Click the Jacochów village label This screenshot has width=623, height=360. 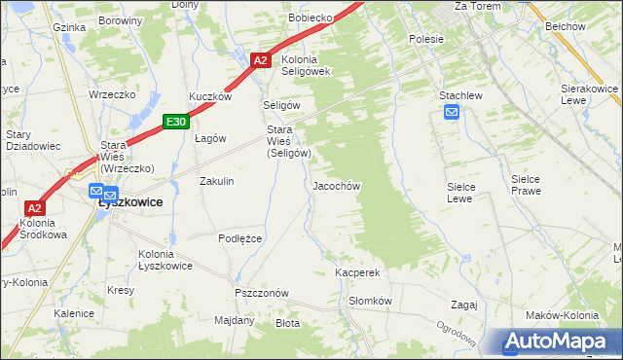pyautogui.click(x=337, y=186)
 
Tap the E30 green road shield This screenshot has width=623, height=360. pyautogui.click(x=175, y=122)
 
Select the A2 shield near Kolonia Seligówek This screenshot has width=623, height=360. pyautogui.click(x=260, y=60)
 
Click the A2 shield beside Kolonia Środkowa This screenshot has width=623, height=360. pyautogui.click(x=34, y=208)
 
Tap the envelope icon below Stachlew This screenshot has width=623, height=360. pyautogui.click(x=452, y=113)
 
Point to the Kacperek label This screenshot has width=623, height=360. pyautogui.click(x=356, y=273)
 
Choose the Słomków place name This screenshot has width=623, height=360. pyautogui.click(x=370, y=302)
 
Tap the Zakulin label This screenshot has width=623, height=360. pyautogui.click(x=216, y=181)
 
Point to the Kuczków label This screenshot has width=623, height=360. pyautogui.click(x=209, y=97)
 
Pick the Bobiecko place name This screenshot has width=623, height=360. pyautogui.click(x=311, y=18)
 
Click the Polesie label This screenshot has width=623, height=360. pyautogui.click(x=426, y=39)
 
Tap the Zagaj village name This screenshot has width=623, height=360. pyautogui.click(x=463, y=305)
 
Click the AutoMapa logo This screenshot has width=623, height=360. pyautogui.click(x=556, y=342)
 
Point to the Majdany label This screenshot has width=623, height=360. pyautogui.click(x=234, y=320)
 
